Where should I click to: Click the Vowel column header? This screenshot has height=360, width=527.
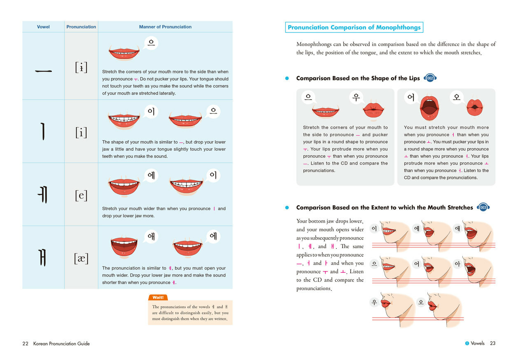43,27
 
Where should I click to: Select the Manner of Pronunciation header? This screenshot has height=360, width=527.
165,27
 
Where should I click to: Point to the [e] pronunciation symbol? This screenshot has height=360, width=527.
81,195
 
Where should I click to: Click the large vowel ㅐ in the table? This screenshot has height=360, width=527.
42,258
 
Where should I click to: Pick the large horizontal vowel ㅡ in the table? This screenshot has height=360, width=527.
43,71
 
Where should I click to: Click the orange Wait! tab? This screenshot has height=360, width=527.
158,297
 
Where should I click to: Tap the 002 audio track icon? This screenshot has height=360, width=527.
430,78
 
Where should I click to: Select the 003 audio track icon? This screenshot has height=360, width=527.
483,207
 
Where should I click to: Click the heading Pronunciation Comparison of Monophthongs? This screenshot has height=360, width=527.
354,27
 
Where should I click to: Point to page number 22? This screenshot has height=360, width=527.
25,344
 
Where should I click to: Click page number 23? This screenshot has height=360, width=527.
493,343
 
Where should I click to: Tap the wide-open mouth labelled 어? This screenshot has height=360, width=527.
429,108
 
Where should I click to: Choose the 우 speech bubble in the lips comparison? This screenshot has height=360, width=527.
356,97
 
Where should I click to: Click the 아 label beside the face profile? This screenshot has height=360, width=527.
457,264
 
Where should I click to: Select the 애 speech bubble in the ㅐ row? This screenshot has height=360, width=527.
151,237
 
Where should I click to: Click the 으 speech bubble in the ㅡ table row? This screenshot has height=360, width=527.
151,43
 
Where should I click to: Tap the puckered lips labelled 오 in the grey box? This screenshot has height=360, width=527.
475,107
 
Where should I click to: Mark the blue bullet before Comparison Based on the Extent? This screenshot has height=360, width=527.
287,207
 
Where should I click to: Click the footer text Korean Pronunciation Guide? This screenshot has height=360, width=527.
61,344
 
